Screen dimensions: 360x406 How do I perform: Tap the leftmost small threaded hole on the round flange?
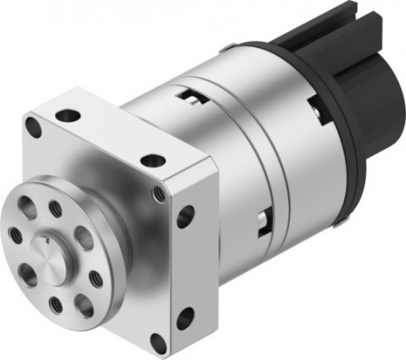[x=15, y=234]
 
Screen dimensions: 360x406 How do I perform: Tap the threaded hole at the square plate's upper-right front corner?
[x=159, y=192]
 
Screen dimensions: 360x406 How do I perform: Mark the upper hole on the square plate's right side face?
[x=187, y=217]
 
